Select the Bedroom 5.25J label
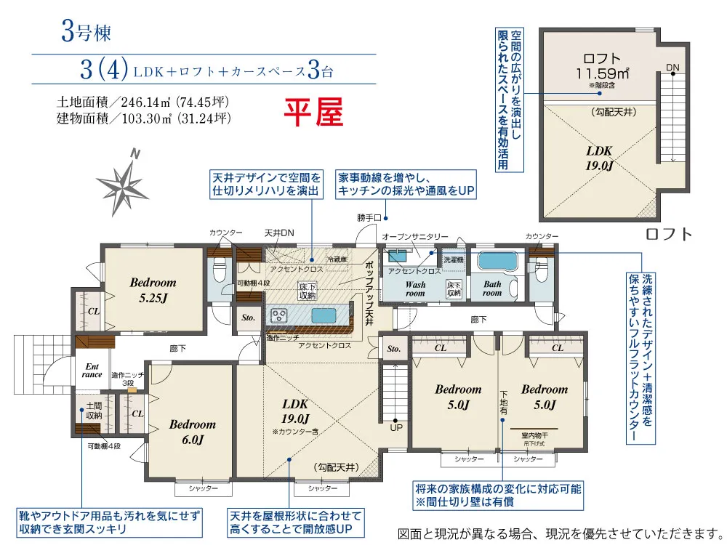[153, 288]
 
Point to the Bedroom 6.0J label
[192, 431]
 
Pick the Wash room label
[415, 289]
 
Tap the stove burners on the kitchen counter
[280, 315]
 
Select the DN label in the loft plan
[672, 68]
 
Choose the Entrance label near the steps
[92, 370]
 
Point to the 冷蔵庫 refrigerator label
[337, 259]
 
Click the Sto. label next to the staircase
[394, 349]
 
